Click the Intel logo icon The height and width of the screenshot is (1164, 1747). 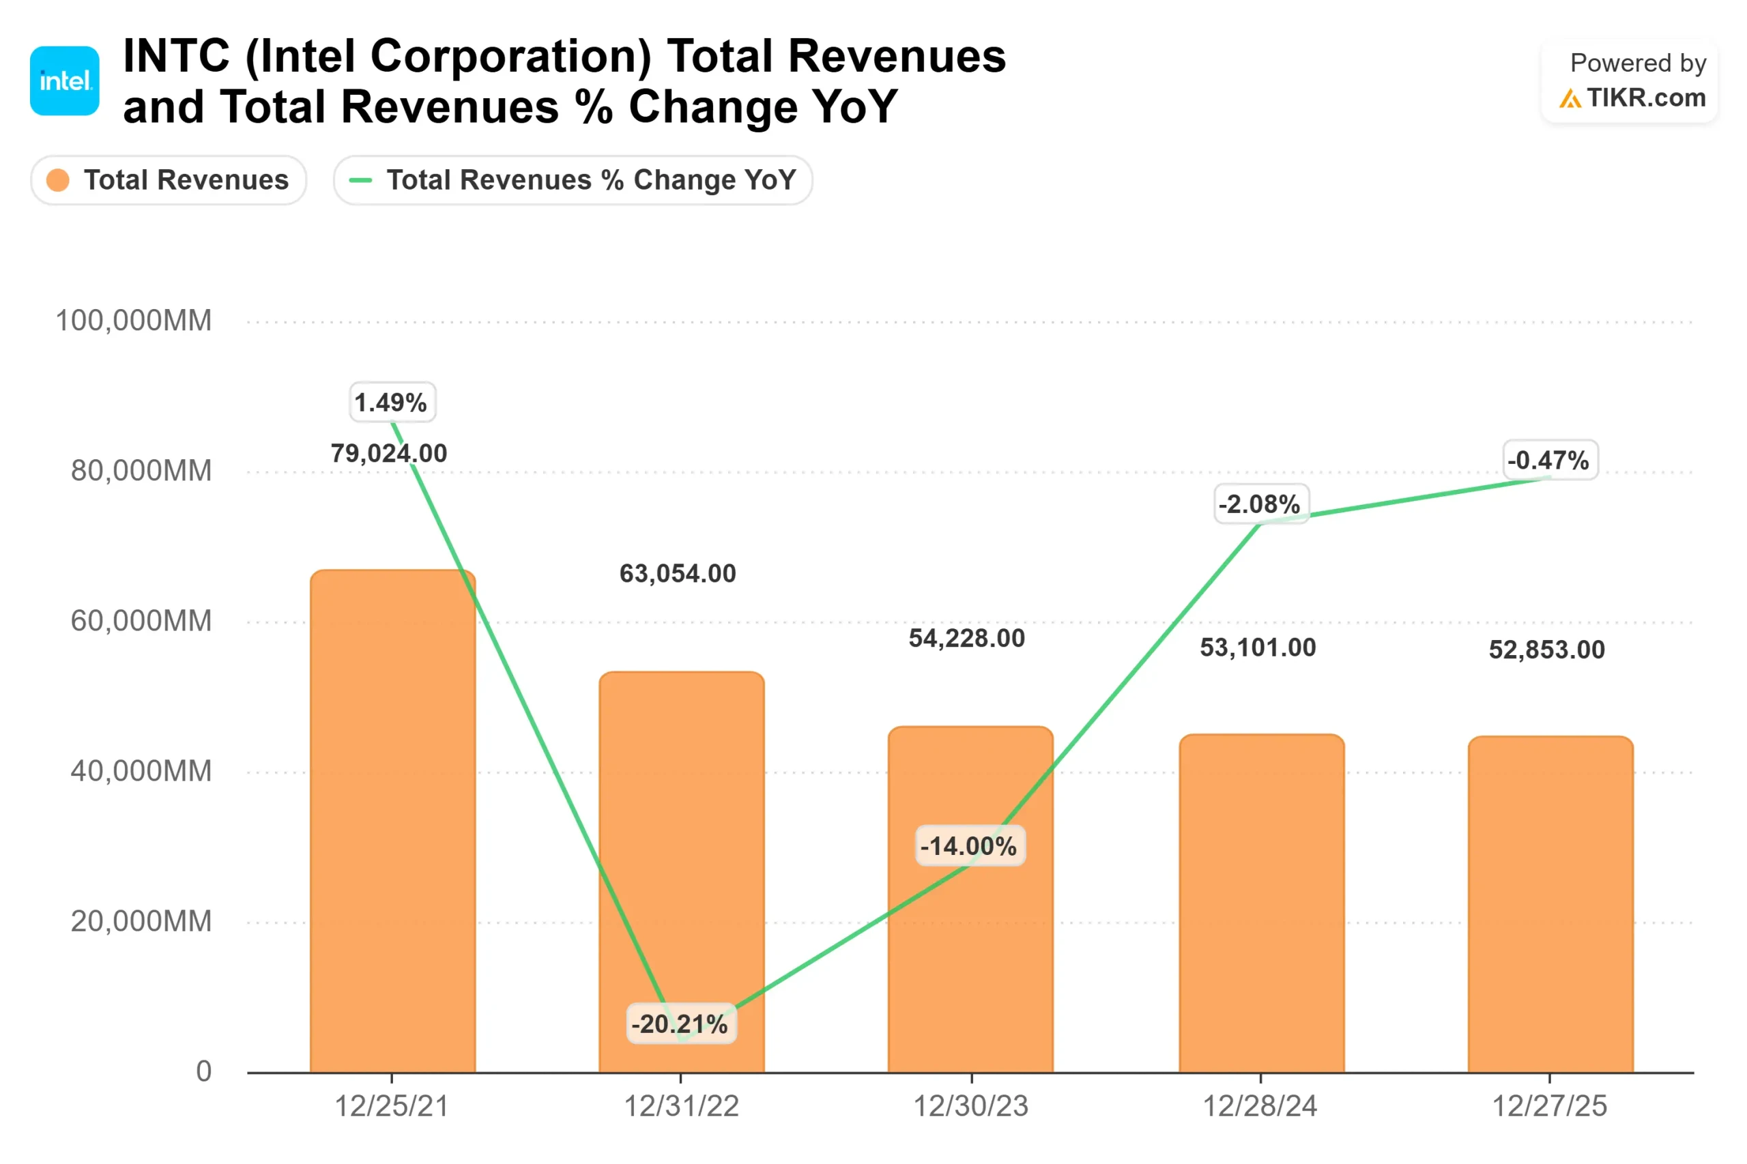(x=65, y=81)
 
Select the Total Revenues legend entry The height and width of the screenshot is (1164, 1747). (x=169, y=179)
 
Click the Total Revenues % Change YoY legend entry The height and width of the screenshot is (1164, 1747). (x=573, y=179)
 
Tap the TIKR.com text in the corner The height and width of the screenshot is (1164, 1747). (x=1645, y=98)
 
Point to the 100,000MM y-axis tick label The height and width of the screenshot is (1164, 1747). (x=134, y=321)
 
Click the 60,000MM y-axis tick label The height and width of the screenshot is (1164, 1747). (x=141, y=621)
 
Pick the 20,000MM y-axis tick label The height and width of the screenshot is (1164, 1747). (x=141, y=921)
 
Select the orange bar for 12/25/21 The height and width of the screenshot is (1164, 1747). (x=393, y=821)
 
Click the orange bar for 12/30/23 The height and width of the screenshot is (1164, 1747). (x=970, y=899)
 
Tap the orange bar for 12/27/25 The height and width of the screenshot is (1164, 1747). (x=1550, y=904)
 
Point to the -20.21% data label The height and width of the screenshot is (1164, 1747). (x=681, y=1023)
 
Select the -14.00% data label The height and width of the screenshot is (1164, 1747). (x=970, y=845)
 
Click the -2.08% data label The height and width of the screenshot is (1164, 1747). (x=1260, y=504)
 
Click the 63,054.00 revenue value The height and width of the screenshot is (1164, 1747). (x=678, y=573)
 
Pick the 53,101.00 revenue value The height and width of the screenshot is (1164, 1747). (x=1258, y=648)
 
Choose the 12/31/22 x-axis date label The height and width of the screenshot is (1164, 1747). (x=681, y=1106)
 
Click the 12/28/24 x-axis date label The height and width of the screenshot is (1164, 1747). (x=1259, y=1106)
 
